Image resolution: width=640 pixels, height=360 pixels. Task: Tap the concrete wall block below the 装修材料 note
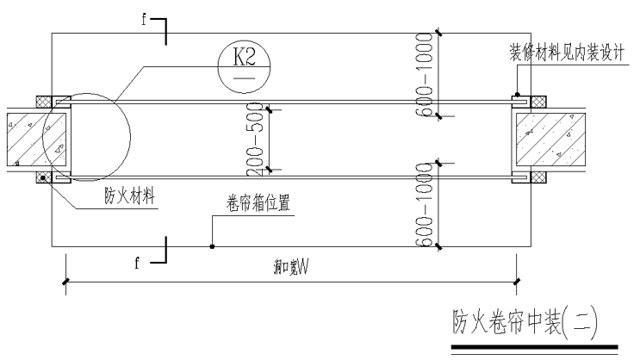[552, 138]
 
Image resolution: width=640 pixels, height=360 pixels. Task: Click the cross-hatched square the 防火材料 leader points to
[41, 178]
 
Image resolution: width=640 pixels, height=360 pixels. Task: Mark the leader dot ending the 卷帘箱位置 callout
[212, 246]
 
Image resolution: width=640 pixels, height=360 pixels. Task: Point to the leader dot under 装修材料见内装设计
[516, 94]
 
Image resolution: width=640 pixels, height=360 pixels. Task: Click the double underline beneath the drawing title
[534, 347]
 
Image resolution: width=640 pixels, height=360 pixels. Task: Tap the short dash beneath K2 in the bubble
[244, 76]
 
